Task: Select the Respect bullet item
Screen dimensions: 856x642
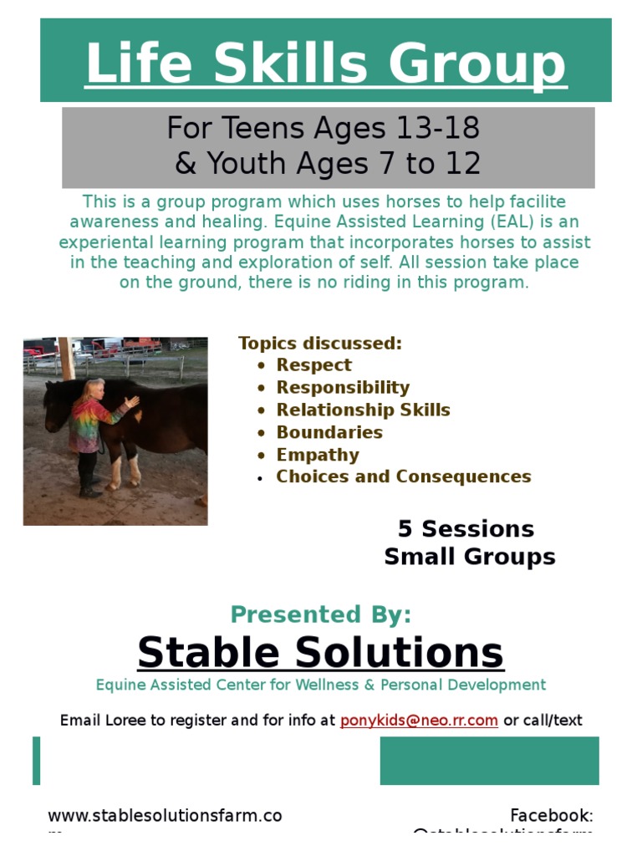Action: pos(313,365)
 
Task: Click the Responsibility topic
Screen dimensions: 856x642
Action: pos(343,388)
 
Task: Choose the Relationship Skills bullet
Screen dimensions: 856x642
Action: pos(363,410)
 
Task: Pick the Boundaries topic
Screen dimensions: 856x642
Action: pos(329,433)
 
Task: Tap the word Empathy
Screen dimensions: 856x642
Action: pos(318,456)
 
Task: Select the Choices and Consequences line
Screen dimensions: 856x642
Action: pos(404,477)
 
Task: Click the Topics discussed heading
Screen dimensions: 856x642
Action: pos(320,344)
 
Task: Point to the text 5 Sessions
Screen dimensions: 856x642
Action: pos(466,529)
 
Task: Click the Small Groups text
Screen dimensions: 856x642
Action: pos(469,558)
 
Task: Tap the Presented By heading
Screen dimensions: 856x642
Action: pos(321,615)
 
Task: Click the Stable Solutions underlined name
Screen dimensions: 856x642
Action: pos(321,653)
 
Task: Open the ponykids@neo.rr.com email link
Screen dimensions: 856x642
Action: pos(419,721)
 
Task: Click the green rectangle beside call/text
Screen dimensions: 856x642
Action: pos(489,761)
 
